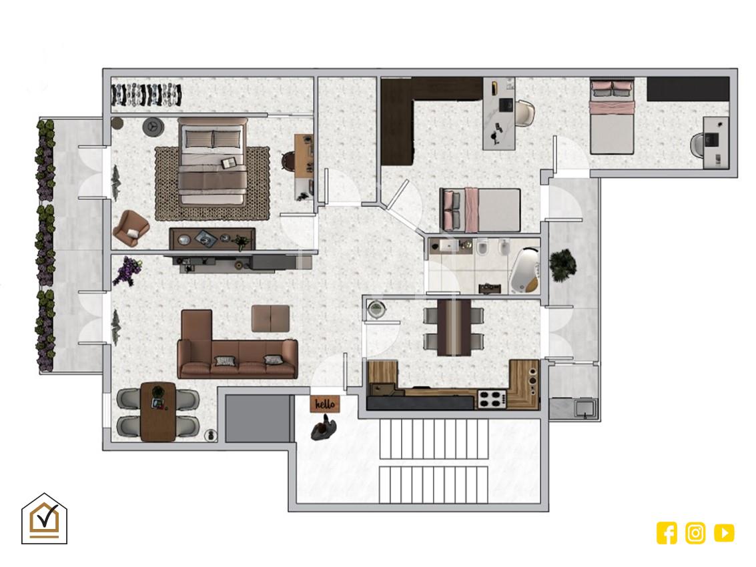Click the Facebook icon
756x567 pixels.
coord(667,533)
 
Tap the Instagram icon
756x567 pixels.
coord(695,533)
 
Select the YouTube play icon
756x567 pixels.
coord(724,533)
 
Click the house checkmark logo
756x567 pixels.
coord(44,519)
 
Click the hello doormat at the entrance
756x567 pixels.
coord(324,404)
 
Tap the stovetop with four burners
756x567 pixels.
coord(492,399)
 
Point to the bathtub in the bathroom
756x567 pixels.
coord(524,270)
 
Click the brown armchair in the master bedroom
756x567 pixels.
coord(131,227)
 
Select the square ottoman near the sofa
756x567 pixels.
coord(270,318)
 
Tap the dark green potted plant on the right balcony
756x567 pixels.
coord(562,265)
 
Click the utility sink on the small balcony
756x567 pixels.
coord(585,408)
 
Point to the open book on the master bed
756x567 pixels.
coord(229,163)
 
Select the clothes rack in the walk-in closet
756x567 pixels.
coord(146,95)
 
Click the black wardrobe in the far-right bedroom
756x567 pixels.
coord(687,89)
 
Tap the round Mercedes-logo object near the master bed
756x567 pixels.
coord(153,127)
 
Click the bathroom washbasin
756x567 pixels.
coord(448,246)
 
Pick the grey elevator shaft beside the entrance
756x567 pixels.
coord(260,418)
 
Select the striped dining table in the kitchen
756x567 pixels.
coord(454,328)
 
